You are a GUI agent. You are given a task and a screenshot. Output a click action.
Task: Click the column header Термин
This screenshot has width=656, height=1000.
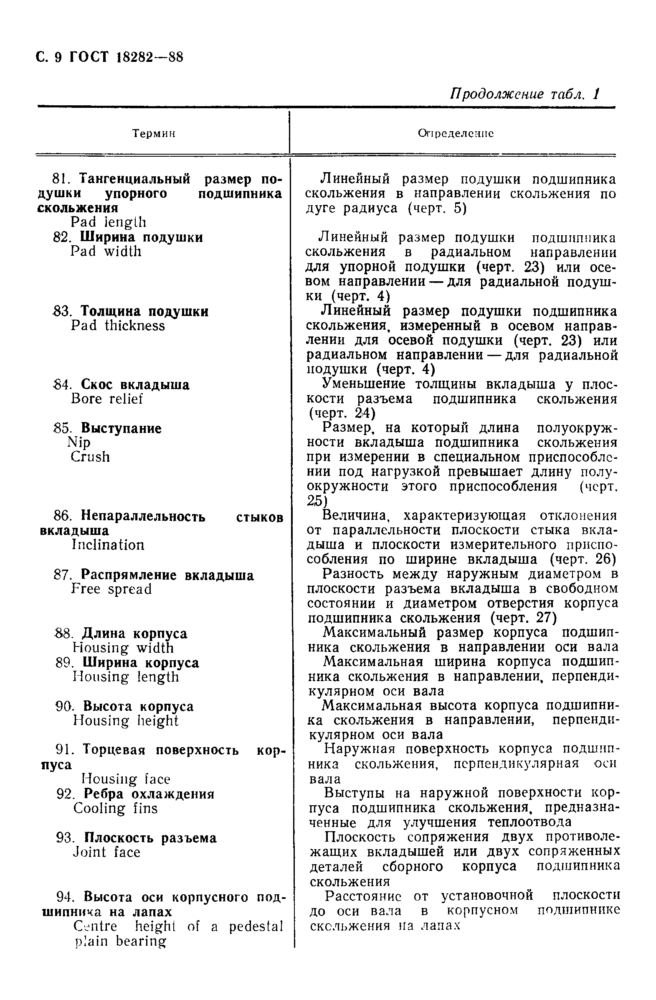153,134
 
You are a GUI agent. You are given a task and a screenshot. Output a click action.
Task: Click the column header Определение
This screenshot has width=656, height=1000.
455,134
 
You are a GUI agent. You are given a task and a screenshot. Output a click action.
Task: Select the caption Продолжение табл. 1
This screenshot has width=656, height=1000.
524,94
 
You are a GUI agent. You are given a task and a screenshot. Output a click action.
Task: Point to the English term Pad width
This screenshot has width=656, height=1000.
106,252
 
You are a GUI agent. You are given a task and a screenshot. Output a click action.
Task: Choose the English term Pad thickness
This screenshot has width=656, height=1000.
118,326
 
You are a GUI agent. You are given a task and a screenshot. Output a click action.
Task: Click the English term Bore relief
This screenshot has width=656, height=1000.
106,399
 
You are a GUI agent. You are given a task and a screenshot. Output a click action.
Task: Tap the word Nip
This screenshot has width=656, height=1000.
79,443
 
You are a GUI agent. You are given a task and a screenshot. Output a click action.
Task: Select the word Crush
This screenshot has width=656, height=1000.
90,457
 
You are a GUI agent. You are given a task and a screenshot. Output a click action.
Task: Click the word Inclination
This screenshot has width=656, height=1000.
108,545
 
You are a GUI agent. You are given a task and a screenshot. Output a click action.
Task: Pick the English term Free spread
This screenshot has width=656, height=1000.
111,590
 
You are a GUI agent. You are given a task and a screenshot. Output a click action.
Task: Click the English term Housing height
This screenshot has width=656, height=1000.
125,721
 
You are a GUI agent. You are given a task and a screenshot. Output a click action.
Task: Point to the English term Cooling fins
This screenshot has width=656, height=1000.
115,809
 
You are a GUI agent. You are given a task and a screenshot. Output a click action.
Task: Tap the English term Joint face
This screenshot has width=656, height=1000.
106,852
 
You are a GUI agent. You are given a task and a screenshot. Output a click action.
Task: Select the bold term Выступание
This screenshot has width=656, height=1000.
121,429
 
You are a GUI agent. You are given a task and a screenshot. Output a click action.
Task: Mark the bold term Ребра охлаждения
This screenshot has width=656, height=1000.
149,794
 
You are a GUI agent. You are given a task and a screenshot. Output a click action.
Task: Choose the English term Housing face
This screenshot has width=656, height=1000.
126,779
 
